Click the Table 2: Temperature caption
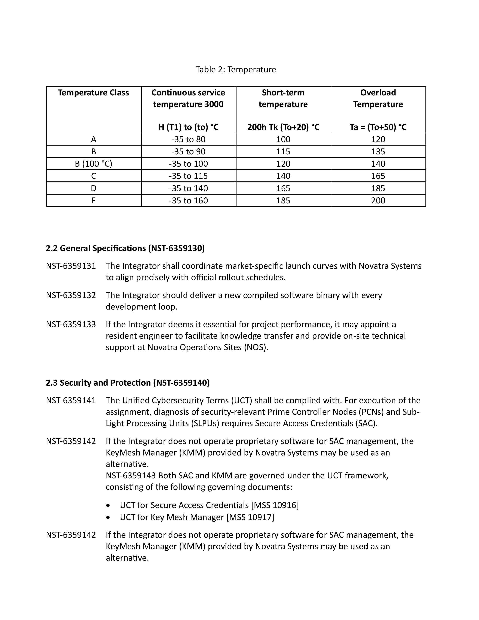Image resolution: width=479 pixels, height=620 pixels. click(236, 69)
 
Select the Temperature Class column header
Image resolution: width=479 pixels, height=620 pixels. click(93, 93)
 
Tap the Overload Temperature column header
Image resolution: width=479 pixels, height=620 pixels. click(378, 98)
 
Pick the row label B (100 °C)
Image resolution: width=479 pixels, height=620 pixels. click(93, 164)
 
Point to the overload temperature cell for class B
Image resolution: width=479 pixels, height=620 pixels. click(378, 152)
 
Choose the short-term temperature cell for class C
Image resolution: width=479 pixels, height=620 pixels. click(283, 176)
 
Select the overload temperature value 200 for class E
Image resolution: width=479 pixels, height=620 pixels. click(378, 201)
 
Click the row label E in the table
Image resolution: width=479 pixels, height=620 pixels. click(93, 201)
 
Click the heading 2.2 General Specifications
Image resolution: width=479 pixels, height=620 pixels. click(125, 248)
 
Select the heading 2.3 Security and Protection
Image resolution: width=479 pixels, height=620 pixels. click(128, 383)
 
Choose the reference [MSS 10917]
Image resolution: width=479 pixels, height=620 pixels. click(250, 517)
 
